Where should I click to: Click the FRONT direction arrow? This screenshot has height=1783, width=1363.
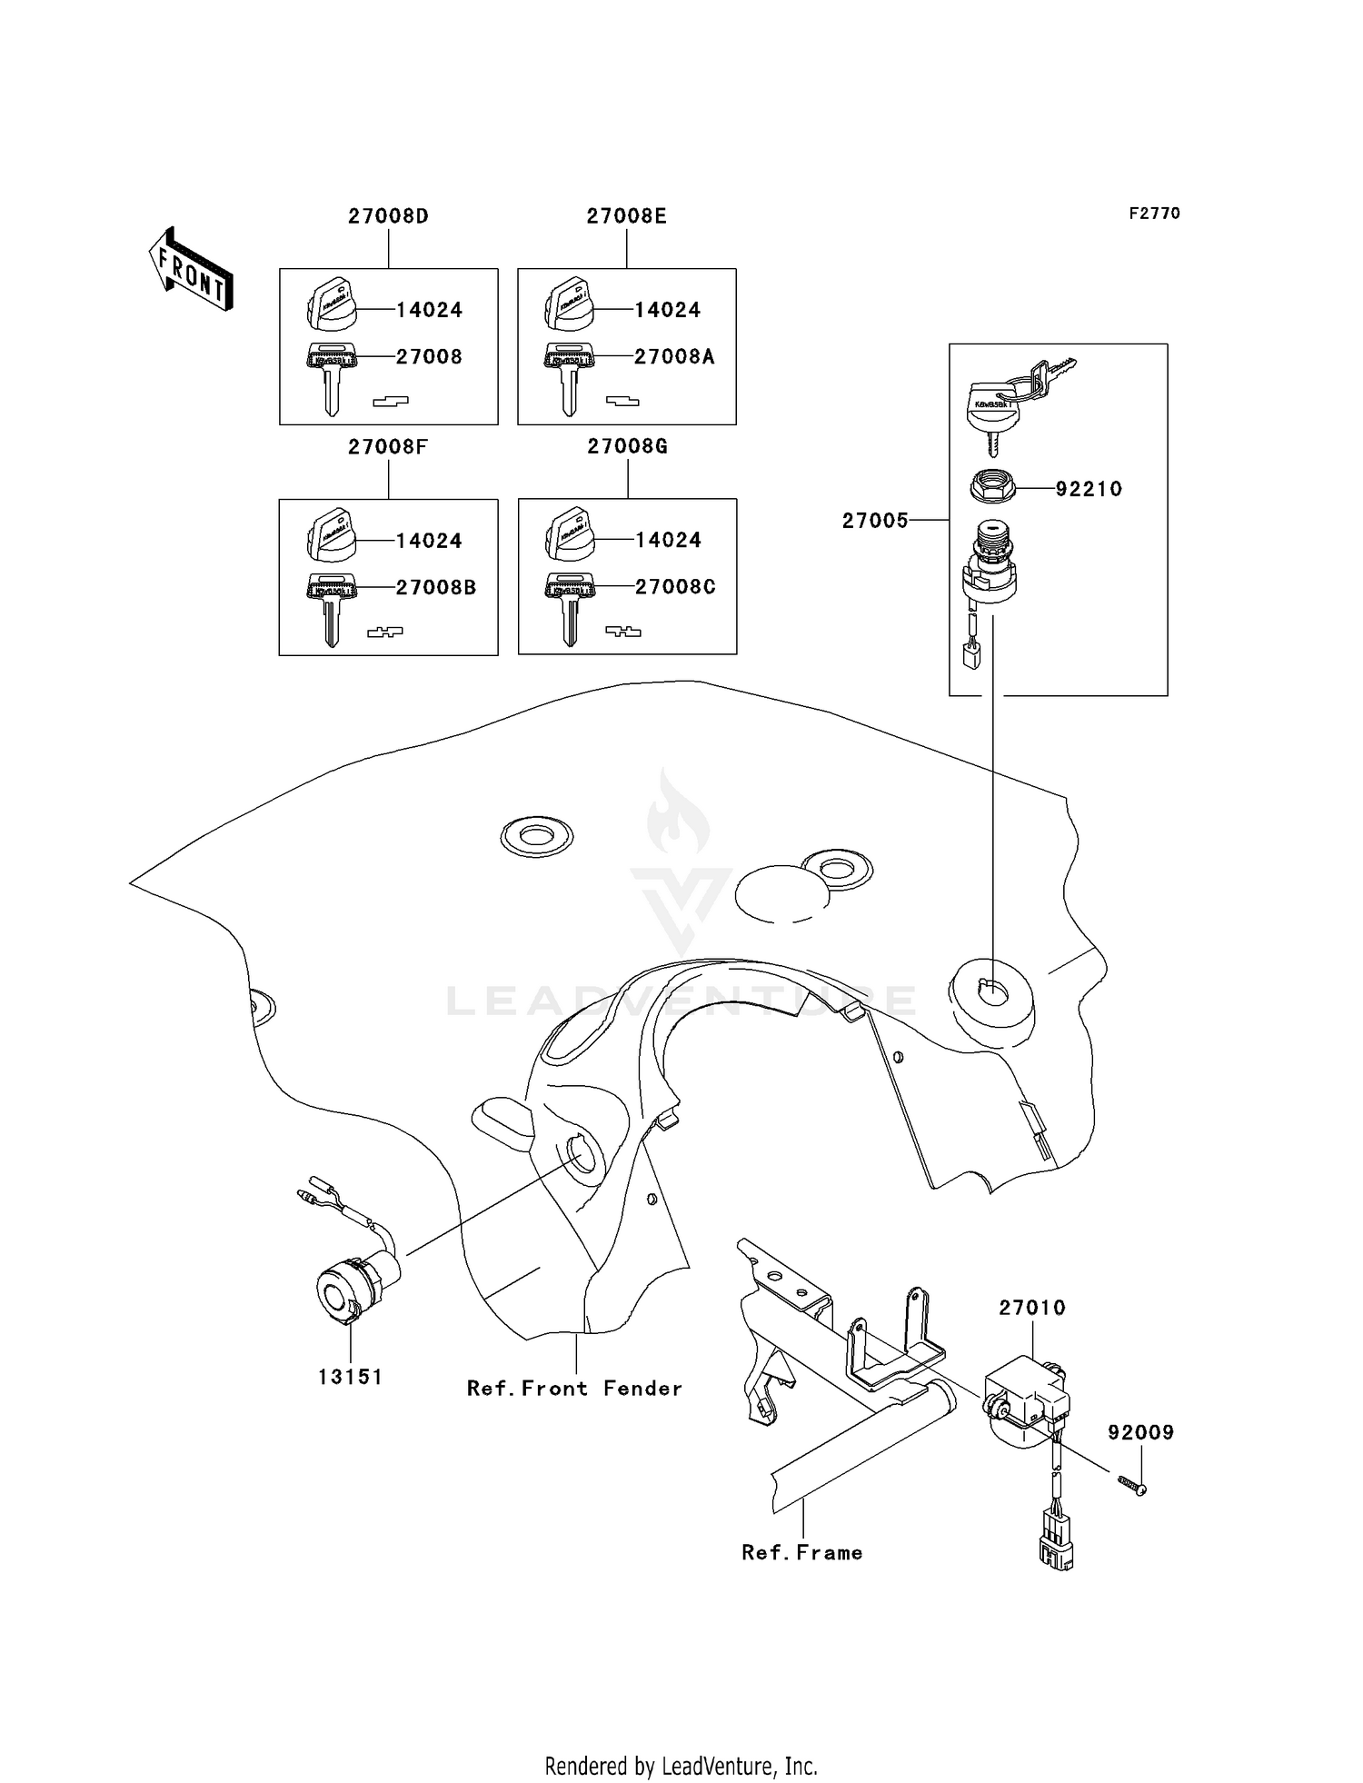coord(191,269)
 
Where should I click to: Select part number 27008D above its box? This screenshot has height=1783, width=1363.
coord(388,216)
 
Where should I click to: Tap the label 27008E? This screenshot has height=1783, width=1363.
coord(626,216)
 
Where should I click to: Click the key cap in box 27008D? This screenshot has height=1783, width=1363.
coord(331,304)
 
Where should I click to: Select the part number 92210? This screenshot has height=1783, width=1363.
coord(1089,489)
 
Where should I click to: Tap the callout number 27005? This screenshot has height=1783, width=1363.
coord(874,521)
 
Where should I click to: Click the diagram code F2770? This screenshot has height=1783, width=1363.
coord(1154,214)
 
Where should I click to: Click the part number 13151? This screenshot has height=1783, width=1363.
coord(350,1377)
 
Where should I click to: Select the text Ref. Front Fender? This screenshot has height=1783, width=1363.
coord(574,1389)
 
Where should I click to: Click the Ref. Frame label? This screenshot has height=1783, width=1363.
coord(801,1553)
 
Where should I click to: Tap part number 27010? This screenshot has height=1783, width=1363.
coord(1031,1308)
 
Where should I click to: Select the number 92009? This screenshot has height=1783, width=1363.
coord(1140,1432)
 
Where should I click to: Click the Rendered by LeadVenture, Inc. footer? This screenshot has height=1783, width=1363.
coord(681,1766)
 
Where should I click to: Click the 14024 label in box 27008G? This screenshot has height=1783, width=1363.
coord(668,541)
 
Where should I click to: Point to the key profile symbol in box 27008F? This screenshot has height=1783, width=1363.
coord(384,632)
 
